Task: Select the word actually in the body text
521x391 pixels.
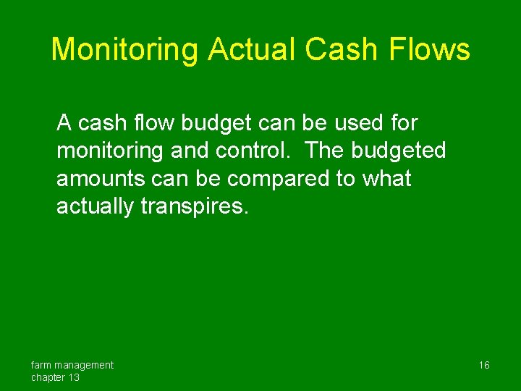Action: tap(96, 207)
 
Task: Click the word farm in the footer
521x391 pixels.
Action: tap(41, 365)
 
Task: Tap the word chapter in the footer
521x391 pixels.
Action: tap(48, 377)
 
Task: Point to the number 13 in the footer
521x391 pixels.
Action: tap(74, 377)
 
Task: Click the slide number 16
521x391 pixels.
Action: tap(483, 365)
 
